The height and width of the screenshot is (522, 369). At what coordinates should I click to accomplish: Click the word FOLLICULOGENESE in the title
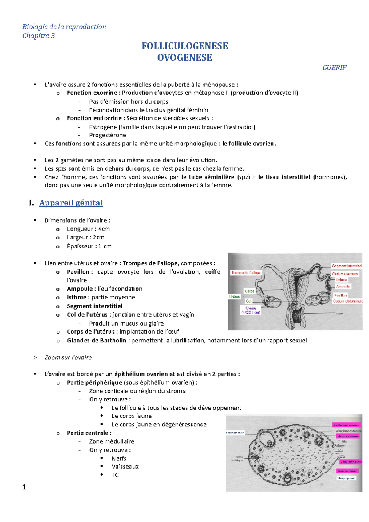click(184, 46)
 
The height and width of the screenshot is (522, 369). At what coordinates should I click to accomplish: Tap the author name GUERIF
click(334, 68)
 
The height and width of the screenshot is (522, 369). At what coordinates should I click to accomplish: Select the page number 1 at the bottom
click(24, 487)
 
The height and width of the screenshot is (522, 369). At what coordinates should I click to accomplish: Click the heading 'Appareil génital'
click(71, 203)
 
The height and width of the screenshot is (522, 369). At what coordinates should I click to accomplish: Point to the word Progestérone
click(108, 135)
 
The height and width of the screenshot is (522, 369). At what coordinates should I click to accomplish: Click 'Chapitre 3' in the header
click(38, 36)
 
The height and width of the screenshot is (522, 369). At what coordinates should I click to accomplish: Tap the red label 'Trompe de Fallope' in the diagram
click(246, 272)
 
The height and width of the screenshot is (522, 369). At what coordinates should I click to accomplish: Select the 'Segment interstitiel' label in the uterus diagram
click(347, 266)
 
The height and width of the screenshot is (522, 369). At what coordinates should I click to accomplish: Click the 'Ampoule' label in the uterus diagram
click(343, 286)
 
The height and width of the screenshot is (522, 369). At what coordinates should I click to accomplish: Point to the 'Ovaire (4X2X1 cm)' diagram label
click(251, 310)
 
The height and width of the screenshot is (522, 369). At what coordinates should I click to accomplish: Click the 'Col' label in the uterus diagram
click(248, 301)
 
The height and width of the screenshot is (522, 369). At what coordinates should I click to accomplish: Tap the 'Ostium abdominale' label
click(348, 301)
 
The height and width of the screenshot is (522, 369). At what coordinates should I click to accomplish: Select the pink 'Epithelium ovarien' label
click(346, 425)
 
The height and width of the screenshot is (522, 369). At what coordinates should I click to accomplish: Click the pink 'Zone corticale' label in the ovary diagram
click(347, 471)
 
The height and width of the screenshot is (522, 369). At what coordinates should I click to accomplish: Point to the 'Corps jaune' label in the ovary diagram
click(346, 478)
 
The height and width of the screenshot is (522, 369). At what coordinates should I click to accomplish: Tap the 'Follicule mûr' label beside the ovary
click(235, 433)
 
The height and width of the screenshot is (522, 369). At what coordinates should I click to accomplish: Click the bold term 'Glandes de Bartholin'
click(97, 341)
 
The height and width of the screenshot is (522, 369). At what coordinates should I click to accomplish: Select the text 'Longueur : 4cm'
click(88, 229)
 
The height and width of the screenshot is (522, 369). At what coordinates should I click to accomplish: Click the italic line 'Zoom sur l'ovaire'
click(68, 358)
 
